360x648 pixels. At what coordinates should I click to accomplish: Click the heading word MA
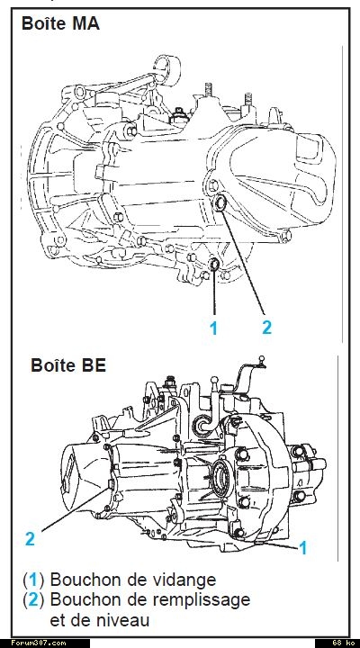click(x=85, y=23)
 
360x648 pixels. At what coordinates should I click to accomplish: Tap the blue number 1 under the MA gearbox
click(x=213, y=328)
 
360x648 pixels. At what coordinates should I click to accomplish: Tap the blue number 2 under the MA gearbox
click(x=267, y=328)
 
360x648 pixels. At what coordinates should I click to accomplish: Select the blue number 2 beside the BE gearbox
click(x=30, y=539)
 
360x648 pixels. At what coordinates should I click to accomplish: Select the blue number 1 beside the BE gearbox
click(x=303, y=548)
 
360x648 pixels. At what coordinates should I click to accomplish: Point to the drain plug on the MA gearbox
click(x=214, y=263)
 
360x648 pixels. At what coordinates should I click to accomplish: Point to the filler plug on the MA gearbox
click(x=220, y=202)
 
